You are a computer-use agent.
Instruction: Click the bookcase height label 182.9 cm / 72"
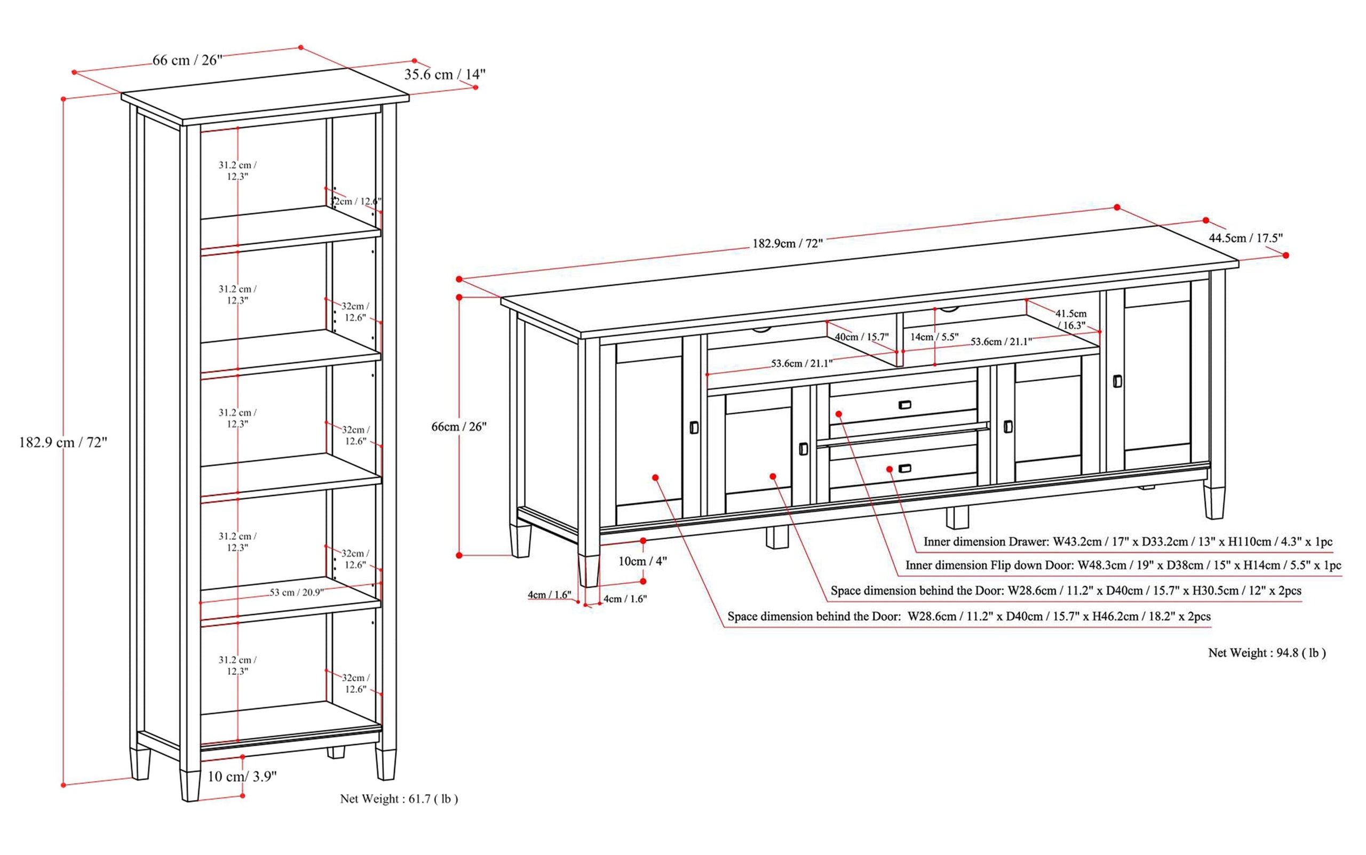63,442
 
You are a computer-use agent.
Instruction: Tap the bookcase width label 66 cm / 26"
187,60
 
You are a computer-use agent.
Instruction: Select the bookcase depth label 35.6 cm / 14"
444,74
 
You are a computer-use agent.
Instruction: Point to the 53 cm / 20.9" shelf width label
296,592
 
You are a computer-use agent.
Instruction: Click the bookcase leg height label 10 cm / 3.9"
242,776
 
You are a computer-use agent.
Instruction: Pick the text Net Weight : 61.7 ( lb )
399,798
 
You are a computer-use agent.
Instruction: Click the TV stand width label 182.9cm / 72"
787,243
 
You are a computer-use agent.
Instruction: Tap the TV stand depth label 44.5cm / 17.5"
1245,238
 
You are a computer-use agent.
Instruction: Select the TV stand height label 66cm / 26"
459,426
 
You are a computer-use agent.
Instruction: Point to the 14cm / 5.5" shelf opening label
934,337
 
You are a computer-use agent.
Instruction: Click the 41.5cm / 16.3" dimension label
1071,319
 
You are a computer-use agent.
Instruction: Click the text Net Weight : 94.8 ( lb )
1267,652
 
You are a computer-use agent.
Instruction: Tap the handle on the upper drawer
904,404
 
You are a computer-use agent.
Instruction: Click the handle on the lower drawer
904,468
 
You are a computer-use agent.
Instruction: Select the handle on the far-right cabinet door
1117,381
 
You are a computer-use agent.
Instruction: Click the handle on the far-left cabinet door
694,428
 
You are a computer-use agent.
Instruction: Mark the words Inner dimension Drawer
986,541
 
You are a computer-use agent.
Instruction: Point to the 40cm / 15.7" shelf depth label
861,337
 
